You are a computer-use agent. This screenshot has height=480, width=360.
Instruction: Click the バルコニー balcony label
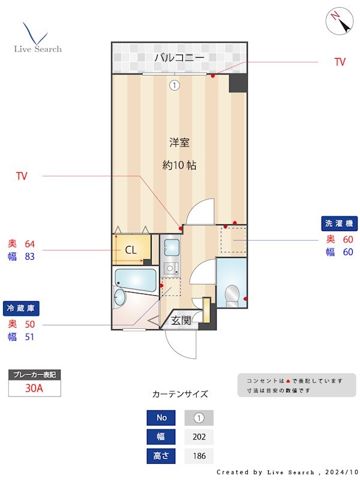point(179,58)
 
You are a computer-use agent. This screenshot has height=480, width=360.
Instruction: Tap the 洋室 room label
point(179,143)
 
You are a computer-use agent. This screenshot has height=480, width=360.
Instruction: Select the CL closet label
point(130,250)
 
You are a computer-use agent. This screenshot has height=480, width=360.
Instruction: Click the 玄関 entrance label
point(181,320)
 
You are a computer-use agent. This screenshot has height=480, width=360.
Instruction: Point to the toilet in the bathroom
point(232,294)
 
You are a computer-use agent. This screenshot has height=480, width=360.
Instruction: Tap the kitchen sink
point(171,247)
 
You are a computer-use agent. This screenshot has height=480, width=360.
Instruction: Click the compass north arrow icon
point(339,22)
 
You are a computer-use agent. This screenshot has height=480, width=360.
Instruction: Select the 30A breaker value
point(34,388)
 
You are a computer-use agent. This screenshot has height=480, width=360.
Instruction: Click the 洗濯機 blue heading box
point(340,223)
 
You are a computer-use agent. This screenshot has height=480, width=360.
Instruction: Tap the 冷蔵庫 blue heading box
point(22,308)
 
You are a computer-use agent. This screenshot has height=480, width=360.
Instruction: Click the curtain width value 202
point(199,437)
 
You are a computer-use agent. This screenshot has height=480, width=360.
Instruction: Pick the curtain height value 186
point(199,456)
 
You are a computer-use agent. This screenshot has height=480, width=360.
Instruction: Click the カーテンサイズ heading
point(180,394)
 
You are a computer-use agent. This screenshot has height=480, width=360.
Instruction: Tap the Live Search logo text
point(38,49)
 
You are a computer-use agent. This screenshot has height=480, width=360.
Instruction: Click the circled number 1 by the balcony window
point(174,85)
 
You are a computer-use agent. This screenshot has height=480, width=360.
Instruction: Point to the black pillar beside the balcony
point(238,83)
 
